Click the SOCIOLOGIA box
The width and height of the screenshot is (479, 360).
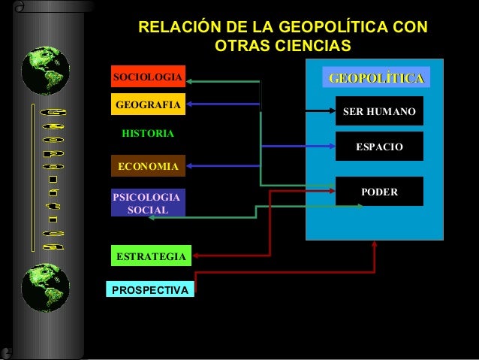(x=148, y=77)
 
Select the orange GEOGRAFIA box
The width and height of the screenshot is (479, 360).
(x=148, y=104)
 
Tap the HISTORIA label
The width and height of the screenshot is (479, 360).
(x=148, y=134)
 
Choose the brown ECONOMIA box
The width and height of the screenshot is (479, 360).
(x=148, y=166)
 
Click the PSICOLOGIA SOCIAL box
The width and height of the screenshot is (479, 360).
(x=148, y=203)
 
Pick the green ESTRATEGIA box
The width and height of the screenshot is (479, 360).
(x=150, y=256)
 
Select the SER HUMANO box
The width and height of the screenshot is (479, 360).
(x=378, y=111)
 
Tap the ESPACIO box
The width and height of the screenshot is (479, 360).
(x=378, y=147)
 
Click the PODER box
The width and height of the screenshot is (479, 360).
(x=378, y=192)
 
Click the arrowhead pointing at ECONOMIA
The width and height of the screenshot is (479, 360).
(x=191, y=165)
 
